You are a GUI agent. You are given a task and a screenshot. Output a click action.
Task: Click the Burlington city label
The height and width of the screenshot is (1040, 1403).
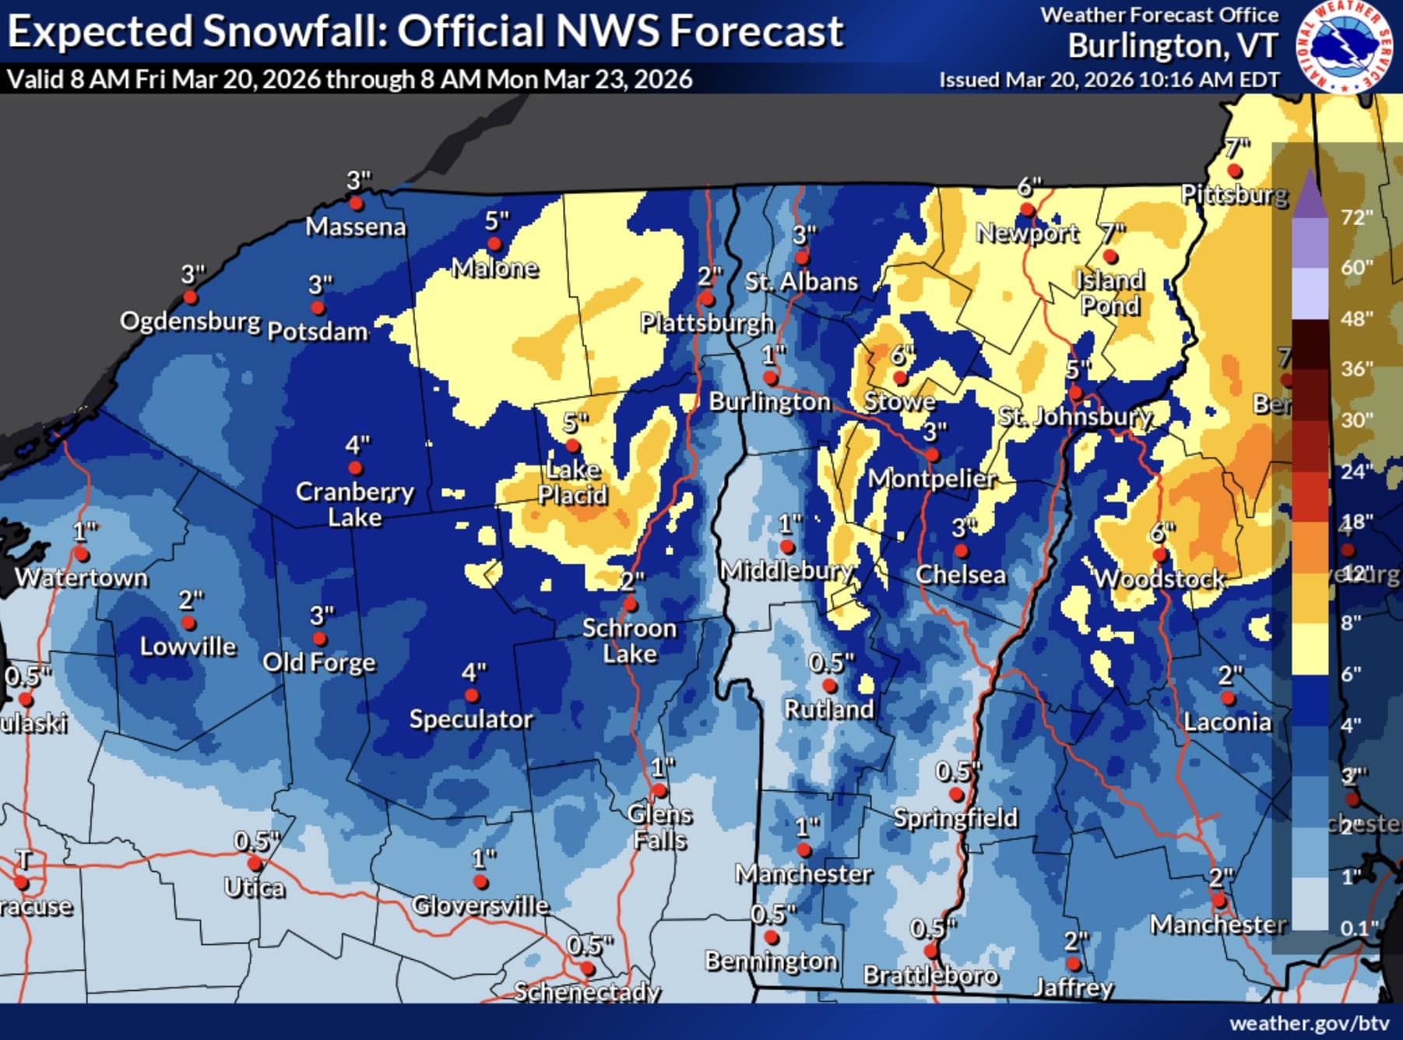pyautogui.click(x=769, y=402)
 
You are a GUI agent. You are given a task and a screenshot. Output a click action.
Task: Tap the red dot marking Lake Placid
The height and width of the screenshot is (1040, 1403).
pyautogui.click(x=572, y=446)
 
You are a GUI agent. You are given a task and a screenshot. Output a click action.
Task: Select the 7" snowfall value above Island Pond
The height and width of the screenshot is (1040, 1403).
pyautogui.click(x=1113, y=232)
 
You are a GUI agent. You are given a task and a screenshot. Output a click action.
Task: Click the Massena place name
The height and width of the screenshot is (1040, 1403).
pyautogui.click(x=356, y=227)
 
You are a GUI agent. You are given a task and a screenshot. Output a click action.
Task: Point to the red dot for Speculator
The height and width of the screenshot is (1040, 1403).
pyautogui.click(x=471, y=696)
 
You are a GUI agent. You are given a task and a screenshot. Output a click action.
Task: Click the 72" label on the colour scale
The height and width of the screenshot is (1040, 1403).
pyautogui.click(x=1356, y=217)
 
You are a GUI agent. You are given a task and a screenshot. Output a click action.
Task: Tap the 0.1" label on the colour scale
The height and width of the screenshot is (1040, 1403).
pyautogui.click(x=1356, y=927)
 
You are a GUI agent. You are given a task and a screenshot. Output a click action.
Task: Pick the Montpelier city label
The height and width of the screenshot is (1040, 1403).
pyautogui.click(x=932, y=478)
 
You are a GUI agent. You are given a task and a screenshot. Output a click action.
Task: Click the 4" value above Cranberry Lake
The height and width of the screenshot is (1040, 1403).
pyautogui.click(x=357, y=445)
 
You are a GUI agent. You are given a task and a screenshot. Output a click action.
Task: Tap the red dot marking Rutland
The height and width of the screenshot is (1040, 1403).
pyautogui.click(x=829, y=686)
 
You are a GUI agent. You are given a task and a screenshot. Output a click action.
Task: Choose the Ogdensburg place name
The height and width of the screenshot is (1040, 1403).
pyautogui.click(x=190, y=321)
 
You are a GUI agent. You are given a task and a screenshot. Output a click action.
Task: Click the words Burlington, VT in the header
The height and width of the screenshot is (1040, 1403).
pyautogui.click(x=1173, y=47)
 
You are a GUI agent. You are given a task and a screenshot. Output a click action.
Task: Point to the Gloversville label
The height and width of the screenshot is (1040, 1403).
pyautogui.click(x=480, y=905)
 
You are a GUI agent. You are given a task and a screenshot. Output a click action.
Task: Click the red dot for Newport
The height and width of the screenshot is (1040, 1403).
pyautogui.click(x=1027, y=209)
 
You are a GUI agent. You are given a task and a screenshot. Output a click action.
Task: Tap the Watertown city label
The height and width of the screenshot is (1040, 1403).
pyautogui.click(x=82, y=578)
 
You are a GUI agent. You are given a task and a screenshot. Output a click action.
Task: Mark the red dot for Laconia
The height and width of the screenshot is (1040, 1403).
pyautogui.click(x=1228, y=698)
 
